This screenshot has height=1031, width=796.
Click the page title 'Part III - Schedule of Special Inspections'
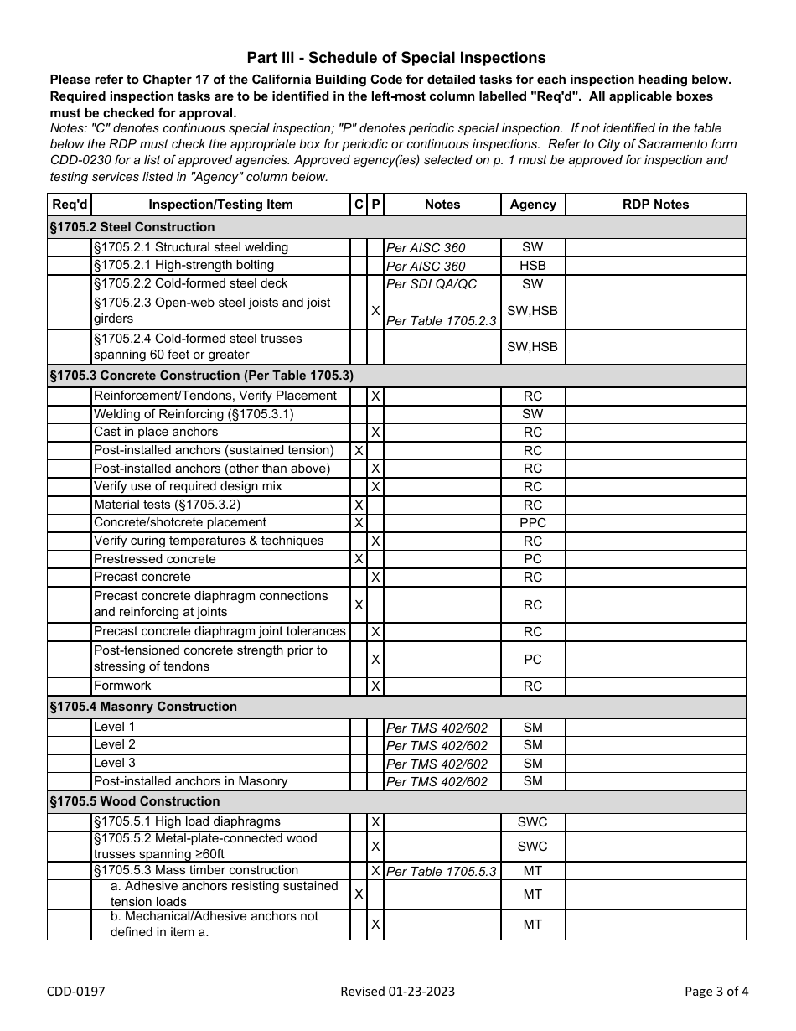click(x=395, y=58)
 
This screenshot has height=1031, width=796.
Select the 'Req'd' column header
click(x=70, y=205)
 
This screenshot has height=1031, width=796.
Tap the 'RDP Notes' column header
click(x=655, y=205)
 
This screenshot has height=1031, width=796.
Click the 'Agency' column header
click(x=533, y=205)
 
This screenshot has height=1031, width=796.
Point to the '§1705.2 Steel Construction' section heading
click(x=132, y=227)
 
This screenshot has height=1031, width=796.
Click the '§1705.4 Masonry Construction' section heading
click(x=143, y=707)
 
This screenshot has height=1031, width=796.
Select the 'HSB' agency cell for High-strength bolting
click(x=533, y=266)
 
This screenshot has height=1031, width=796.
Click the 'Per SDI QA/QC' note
click(x=432, y=284)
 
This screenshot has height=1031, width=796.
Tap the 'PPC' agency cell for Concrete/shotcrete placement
click(x=533, y=523)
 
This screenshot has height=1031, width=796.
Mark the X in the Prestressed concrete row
click(x=359, y=559)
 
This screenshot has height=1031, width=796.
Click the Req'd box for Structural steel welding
click(x=70, y=247)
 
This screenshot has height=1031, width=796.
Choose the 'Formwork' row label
click(x=122, y=686)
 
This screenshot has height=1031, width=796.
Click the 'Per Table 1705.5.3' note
click(x=441, y=872)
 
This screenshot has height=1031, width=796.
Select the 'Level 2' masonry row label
click(x=115, y=744)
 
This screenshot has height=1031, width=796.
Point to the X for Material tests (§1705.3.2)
click(x=359, y=505)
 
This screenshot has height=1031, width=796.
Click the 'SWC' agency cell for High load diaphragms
click(x=533, y=822)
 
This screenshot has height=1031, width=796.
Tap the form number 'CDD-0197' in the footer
click(x=76, y=992)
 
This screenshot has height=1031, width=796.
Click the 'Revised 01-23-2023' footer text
click(x=398, y=992)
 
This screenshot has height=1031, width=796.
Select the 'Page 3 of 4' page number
click(x=716, y=992)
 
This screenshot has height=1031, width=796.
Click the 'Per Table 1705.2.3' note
click(x=441, y=321)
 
